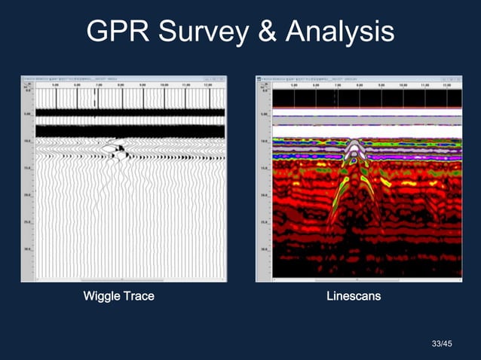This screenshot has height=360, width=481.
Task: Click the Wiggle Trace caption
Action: pos(118,296)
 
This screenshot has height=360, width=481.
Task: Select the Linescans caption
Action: pos(353,296)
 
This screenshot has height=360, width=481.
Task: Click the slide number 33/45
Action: pos(442,344)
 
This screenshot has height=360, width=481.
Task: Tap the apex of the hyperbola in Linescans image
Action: pos(353,142)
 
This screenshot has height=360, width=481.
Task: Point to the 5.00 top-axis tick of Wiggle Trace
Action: pos(56,86)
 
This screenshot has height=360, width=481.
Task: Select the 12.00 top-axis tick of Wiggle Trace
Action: pos(209,86)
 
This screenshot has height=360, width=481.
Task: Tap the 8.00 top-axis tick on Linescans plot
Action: pos(359,86)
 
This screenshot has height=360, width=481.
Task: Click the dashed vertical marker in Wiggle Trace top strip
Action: pos(94,99)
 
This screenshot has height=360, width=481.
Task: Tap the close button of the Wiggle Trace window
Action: pos(222,79)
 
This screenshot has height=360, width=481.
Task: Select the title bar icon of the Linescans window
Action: pos(259,79)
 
